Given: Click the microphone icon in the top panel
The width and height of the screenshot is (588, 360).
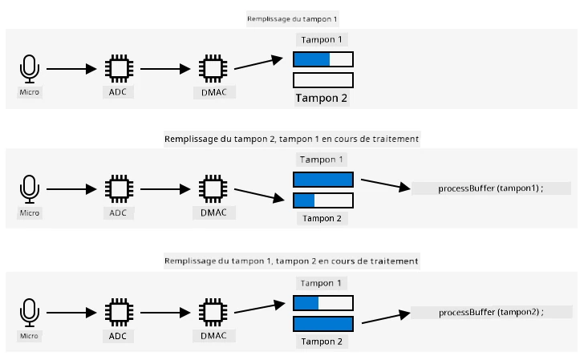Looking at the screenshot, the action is [29, 69].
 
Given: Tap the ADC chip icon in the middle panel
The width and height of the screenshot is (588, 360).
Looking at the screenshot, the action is [120, 188].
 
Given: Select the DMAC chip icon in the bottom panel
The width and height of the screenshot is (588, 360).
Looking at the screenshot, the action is [213, 313].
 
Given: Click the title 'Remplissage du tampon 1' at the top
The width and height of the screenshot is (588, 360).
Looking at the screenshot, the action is [292, 18].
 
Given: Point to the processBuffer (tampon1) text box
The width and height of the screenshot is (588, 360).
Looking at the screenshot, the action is [491, 188].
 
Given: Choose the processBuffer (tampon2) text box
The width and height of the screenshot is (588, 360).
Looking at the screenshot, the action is [491, 312].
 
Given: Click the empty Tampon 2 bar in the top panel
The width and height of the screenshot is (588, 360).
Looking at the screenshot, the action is [323, 80].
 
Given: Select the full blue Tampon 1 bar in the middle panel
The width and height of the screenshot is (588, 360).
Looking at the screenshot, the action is [323, 180].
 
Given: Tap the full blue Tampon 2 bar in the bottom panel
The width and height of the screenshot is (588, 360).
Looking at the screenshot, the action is [323, 324].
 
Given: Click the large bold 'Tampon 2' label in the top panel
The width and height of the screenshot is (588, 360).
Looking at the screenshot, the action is [322, 99].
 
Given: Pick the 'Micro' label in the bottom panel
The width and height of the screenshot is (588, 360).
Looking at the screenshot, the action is [29, 336].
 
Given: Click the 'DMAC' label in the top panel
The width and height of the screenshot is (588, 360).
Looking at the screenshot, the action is [214, 92].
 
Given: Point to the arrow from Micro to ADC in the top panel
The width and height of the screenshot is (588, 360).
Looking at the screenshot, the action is [71, 69].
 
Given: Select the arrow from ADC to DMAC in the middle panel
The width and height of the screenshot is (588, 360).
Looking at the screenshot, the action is [165, 189].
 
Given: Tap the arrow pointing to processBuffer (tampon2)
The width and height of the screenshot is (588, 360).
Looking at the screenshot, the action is [386, 317].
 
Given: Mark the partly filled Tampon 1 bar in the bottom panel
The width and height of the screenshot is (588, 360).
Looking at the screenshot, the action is [323, 303].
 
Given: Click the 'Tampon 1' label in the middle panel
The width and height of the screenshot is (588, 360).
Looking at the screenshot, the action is [322, 160].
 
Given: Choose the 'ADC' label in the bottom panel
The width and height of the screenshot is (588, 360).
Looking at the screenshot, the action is [118, 337].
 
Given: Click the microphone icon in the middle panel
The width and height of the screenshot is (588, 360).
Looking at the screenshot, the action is [29, 189].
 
